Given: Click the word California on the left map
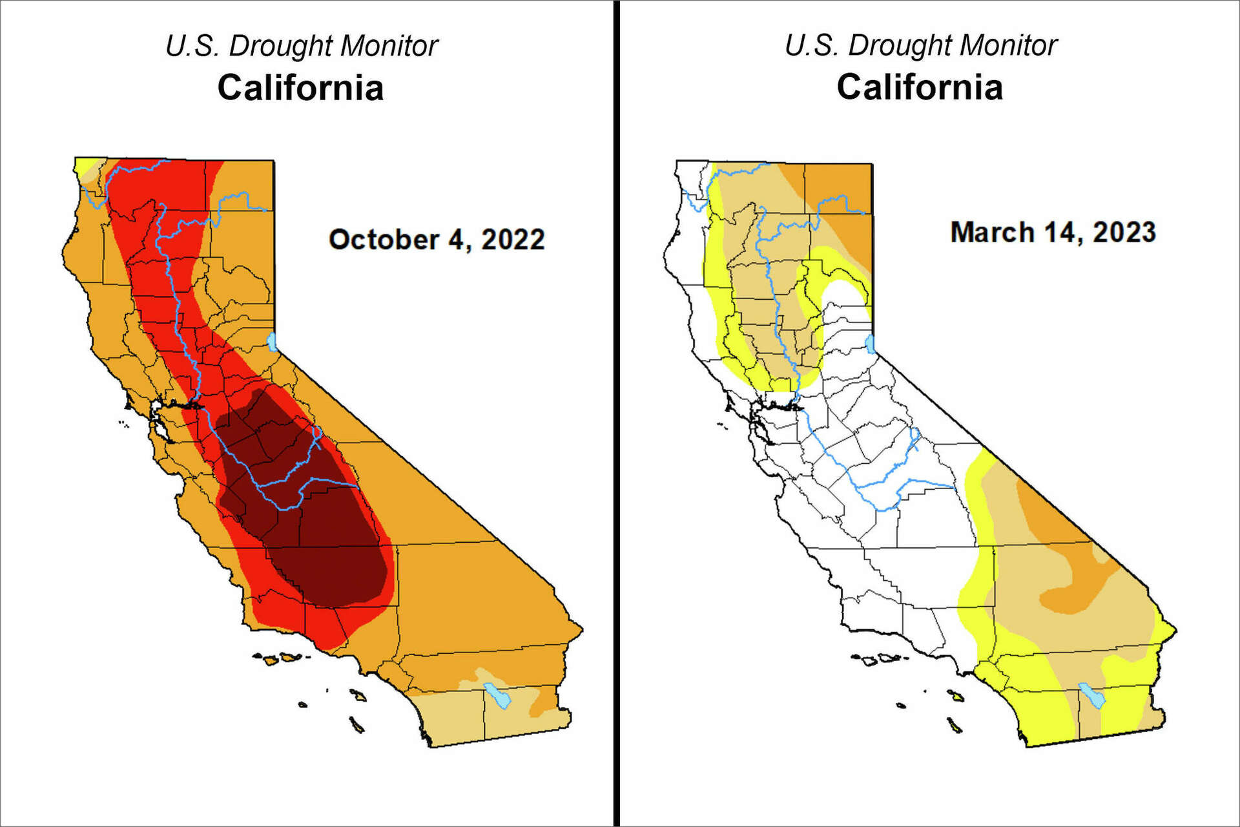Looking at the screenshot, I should point(300,87).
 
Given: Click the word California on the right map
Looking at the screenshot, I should point(920,87).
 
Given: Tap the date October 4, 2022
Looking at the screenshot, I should point(437,239).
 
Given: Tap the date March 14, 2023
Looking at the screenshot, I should point(1053,232).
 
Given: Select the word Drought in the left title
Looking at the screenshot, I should point(280,47).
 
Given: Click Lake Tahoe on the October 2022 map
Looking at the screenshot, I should point(272,341).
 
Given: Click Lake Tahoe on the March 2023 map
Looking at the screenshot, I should point(870,344).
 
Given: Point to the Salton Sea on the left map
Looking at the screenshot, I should point(497,695).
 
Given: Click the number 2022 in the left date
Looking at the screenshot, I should point(513,239).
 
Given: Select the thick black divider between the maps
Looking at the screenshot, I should point(615,413).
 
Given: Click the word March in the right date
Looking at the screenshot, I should point(991,232).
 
